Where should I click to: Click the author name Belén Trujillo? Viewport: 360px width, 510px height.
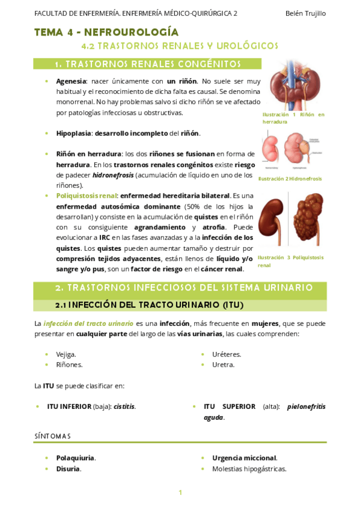pos(306,13)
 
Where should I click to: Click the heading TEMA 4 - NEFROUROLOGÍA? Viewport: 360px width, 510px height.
pos(106,32)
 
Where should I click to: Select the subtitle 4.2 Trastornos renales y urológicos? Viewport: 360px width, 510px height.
pos(180,46)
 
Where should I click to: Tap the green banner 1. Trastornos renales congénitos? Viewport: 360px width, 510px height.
pos(147,64)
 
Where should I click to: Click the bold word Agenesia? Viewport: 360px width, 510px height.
pos(71,81)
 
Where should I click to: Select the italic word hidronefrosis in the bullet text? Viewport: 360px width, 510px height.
pos(113,175)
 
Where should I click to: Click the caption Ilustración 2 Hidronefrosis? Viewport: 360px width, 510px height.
pos(290,179)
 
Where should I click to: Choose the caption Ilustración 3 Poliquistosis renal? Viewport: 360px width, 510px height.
pos(290,260)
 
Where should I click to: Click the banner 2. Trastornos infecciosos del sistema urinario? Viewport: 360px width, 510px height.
pos(180,288)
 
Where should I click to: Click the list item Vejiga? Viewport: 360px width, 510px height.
pos(66,354)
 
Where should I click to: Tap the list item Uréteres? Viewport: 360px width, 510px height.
pos(227,354)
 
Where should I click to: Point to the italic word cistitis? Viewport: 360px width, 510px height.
pos(124,406)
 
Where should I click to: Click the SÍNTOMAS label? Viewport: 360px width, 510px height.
pos(52,435)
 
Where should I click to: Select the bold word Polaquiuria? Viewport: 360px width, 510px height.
pos(76,458)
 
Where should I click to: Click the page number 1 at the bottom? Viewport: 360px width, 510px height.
pos(180,493)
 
